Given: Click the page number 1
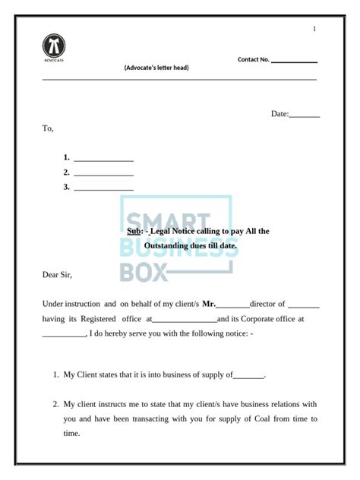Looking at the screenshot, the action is click(314, 29).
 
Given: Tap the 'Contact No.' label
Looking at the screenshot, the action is click(254, 59).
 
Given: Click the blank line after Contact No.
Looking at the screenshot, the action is click(294, 61).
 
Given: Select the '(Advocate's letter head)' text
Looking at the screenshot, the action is click(156, 68).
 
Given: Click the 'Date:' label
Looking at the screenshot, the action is click(279, 114).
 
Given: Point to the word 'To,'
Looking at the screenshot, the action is click(48, 128).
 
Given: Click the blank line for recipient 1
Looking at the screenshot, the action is click(103, 159).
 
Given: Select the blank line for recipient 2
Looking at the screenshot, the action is click(103, 173).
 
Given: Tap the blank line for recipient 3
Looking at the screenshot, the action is click(103, 188).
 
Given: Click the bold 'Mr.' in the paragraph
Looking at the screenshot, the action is click(209, 304).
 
